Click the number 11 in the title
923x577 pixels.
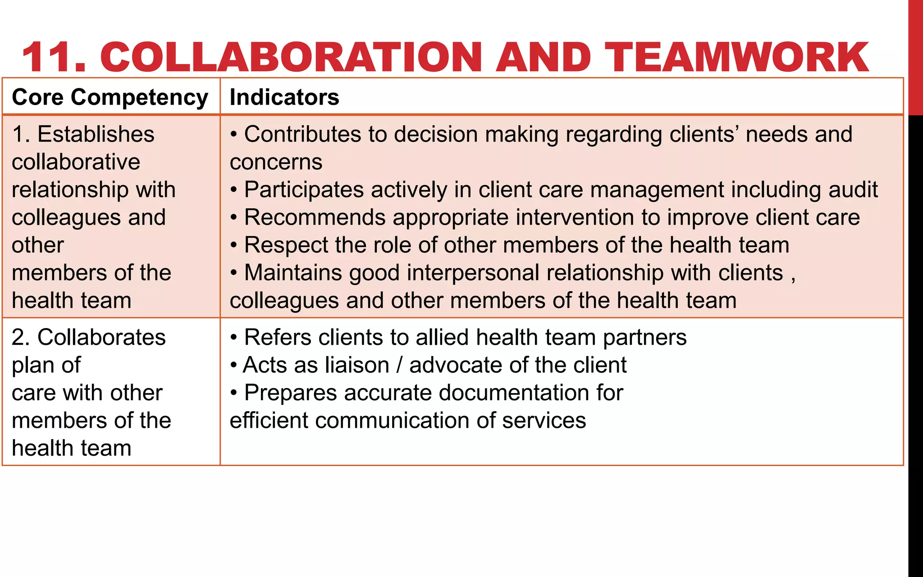pos(53,57)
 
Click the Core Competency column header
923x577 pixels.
pos(110,97)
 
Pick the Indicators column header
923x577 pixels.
pos(284,97)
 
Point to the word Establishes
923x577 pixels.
pos(96,134)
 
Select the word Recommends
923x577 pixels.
pos(315,217)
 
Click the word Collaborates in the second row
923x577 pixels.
pos(101,337)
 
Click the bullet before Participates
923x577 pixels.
pos(233,190)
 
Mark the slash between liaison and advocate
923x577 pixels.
pos(399,365)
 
